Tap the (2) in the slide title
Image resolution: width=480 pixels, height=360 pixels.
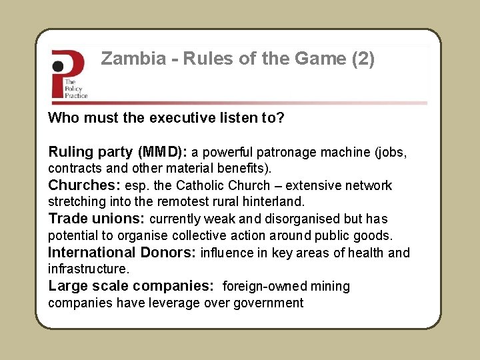(363, 59)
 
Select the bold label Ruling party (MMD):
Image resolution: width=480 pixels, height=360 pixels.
(118, 152)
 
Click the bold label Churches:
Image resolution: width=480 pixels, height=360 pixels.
(84, 185)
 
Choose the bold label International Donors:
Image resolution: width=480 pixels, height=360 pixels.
(121, 253)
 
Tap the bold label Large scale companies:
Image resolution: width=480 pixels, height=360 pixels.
(131, 286)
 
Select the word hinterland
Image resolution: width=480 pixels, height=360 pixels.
(275, 201)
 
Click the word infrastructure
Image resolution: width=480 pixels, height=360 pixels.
(87, 269)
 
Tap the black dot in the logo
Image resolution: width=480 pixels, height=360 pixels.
(59, 66)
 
